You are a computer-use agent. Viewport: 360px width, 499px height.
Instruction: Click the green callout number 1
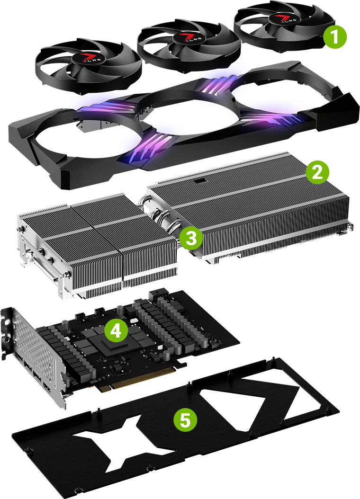point(335,37)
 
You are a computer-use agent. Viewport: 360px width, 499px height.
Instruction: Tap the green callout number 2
point(316,172)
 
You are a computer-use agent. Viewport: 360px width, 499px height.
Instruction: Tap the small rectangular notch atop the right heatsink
point(199,181)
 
